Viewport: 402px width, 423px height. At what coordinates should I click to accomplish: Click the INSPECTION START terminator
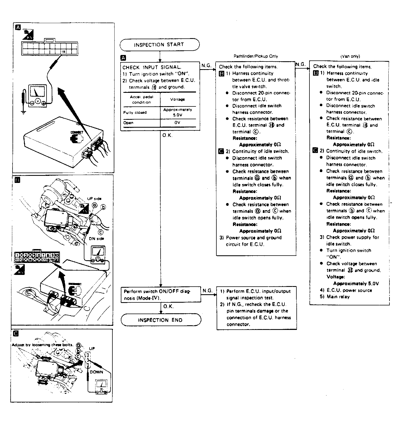coord(159,45)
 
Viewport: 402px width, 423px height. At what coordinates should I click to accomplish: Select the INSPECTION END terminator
coord(161,320)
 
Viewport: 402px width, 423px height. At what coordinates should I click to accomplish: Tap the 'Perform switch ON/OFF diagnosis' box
coord(160,295)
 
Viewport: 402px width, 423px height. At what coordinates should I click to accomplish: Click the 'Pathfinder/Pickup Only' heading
coord(256,56)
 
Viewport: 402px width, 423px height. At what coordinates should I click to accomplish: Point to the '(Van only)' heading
coord(350,56)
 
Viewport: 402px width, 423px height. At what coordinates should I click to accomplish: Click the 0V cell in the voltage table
coord(177,122)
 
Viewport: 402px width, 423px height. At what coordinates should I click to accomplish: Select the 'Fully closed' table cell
coord(135,112)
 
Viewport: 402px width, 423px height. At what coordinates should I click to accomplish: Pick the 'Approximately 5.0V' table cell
coord(177,112)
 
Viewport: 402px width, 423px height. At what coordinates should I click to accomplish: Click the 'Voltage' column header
coord(177,99)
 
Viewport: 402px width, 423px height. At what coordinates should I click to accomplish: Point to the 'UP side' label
coord(94,198)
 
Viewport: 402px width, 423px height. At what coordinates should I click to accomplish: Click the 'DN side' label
coord(96,239)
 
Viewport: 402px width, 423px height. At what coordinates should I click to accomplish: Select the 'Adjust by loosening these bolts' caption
coord(42,345)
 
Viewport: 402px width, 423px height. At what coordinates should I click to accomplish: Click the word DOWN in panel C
coord(96,372)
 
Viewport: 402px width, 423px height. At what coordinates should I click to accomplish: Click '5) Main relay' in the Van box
coord(335,297)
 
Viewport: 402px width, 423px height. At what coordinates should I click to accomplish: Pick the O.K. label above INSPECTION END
coord(168,306)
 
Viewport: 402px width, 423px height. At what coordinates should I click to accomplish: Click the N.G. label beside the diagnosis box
coord(207,291)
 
